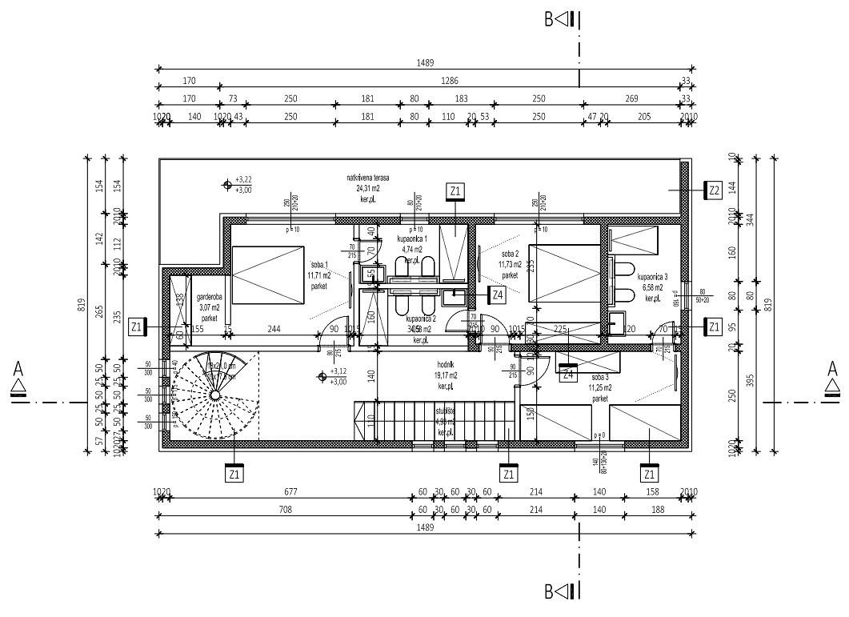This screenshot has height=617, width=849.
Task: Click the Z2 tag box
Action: tap(715, 190)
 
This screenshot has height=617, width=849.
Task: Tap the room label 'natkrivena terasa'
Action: tap(368, 178)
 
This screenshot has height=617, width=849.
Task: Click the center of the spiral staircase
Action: tap(215, 394)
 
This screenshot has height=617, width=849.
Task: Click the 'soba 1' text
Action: tap(320, 265)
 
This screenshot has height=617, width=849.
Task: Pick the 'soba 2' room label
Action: tap(510, 254)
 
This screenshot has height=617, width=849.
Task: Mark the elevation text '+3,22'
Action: tap(243, 179)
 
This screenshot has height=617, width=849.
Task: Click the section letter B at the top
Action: tap(550, 19)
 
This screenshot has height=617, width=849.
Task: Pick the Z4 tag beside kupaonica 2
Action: tap(498, 294)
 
